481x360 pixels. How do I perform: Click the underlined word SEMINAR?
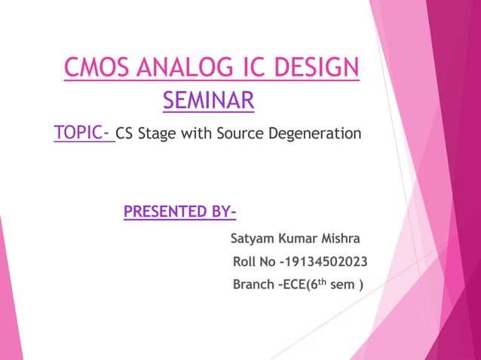click(x=208, y=99)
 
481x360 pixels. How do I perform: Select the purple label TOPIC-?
click(x=82, y=134)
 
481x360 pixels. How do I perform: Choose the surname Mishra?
click(x=343, y=240)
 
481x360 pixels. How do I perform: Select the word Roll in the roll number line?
click(x=246, y=263)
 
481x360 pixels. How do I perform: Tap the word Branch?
click(x=254, y=285)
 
